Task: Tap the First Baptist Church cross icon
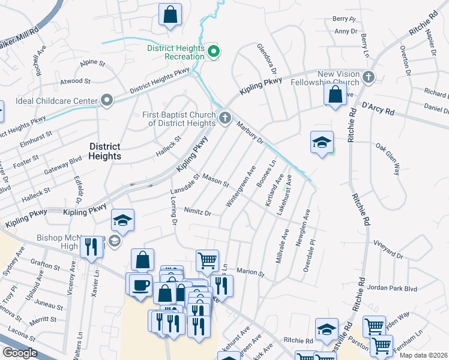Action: click(225, 117)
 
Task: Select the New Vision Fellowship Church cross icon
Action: click(369, 77)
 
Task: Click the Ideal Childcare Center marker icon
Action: click(107, 100)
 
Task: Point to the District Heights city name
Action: click(105, 151)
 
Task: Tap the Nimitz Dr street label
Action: click(197, 212)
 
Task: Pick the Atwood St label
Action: click(75, 81)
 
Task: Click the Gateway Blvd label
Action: click(63, 167)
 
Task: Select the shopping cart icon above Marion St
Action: click(207, 260)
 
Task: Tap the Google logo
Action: click(19, 352)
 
